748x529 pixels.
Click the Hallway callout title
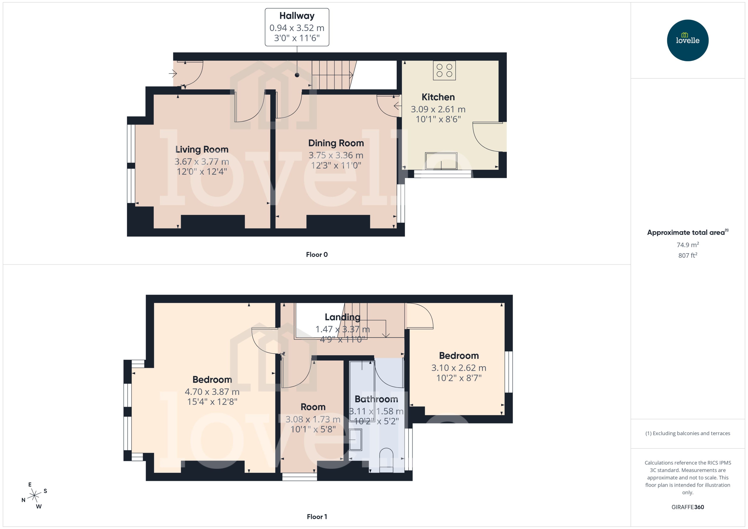(297, 16)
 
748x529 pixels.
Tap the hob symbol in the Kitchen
(444, 70)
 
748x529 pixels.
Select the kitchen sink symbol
(441, 161)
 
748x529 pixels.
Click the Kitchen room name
(438, 97)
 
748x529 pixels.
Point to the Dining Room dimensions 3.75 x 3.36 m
(336, 155)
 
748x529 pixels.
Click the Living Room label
(202, 149)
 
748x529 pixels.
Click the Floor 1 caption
(317, 517)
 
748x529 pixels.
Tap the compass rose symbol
(34, 496)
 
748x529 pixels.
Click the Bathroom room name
(376, 399)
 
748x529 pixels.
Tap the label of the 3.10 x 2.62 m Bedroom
(459, 356)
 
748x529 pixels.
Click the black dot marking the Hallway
(297, 75)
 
